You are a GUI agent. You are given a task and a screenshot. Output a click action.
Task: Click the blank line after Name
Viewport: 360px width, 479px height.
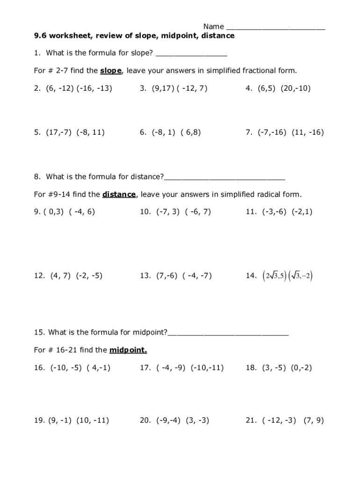pos(275,27)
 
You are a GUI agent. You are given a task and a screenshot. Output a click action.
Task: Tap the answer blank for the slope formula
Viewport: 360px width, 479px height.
pos(191,54)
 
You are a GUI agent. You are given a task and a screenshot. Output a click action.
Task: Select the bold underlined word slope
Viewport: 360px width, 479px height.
pos(111,71)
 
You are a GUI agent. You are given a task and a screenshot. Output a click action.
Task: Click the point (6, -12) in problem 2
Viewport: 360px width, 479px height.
pos(57,88)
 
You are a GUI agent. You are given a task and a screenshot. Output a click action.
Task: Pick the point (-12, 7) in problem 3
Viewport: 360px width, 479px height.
pos(192,88)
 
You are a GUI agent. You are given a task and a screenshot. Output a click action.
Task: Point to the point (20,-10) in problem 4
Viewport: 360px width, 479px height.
pos(295,88)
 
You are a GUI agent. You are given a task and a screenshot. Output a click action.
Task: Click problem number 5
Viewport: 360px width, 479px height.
pos(37,132)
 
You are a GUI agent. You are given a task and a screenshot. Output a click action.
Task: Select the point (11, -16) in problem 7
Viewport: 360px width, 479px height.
pos(308,132)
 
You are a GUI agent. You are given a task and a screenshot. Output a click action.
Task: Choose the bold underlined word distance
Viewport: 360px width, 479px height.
pos(119,194)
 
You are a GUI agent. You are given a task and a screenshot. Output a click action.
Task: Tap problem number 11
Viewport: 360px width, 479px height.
pos(251,211)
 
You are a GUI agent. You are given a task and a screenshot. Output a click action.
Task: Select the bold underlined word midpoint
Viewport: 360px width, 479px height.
pos(128,350)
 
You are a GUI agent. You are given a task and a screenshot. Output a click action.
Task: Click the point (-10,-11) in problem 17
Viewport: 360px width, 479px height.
pos(207,368)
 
